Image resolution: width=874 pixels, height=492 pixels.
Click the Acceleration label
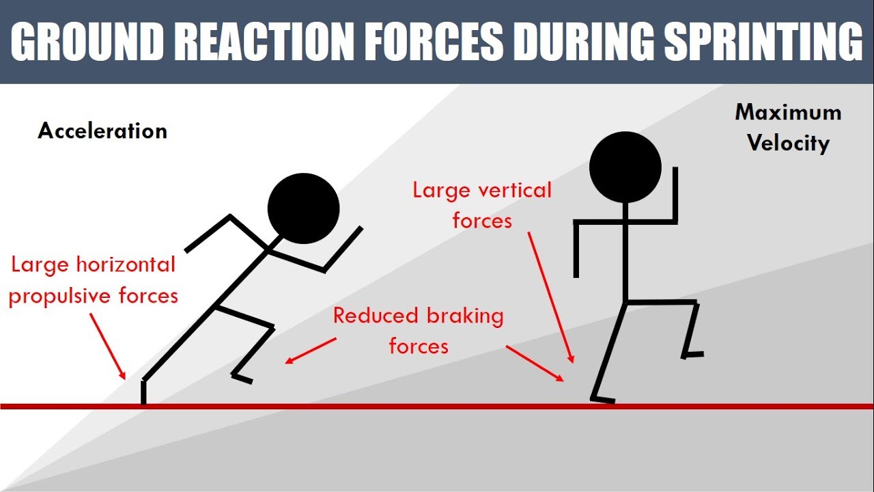pos(102,131)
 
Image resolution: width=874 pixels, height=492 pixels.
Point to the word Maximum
pos(788,113)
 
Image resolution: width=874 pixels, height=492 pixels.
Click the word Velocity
pos(788,143)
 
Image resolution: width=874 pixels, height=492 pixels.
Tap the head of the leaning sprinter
pos(304,208)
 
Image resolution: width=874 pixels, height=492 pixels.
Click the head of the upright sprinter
pos(625,166)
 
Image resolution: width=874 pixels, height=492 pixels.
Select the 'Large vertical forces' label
pos(482,204)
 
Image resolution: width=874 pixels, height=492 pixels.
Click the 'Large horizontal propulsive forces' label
pos(93,280)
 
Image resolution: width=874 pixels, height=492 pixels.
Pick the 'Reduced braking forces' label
pos(419,331)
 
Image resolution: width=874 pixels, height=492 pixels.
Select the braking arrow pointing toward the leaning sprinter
pos(311,350)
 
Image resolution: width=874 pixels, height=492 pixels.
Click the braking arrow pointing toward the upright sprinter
pos(535,363)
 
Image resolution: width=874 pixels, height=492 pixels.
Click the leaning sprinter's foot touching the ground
pos(144,395)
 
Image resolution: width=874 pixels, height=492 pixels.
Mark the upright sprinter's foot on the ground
pos(604,398)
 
